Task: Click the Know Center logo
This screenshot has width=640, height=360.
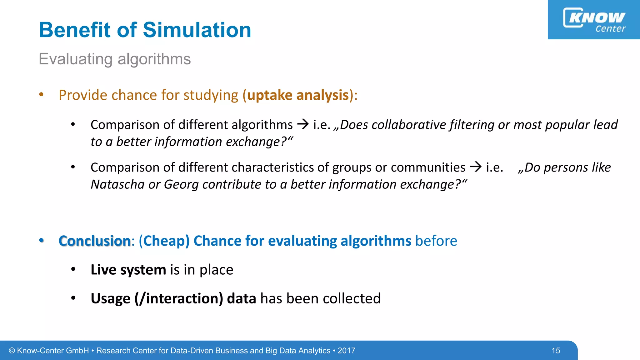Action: pyautogui.click(x=594, y=20)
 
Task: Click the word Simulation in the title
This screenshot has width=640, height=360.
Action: pyautogui.click(x=197, y=30)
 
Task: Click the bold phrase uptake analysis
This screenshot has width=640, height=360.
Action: pyautogui.click(x=297, y=95)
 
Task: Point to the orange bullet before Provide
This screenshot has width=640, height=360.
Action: pyautogui.click(x=41, y=95)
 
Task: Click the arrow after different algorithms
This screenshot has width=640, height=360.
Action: pyautogui.click(x=303, y=124)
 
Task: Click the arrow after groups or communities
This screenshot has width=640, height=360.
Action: pyautogui.click(x=476, y=167)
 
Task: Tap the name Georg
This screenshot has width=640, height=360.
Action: pyautogui.click(x=181, y=185)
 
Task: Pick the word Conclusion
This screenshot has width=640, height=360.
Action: pyautogui.click(x=94, y=241)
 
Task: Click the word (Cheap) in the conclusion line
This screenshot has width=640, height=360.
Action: pyautogui.click(x=164, y=241)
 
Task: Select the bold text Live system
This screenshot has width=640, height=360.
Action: pyautogui.click(x=128, y=270)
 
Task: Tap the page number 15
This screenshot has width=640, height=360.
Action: pyautogui.click(x=556, y=351)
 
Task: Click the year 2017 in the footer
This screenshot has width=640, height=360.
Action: pyautogui.click(x=346, y=351)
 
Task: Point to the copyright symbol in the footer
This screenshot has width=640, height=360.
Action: pyautogui.click(x=12, y=351)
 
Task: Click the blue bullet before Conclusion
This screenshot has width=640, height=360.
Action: pyautogui.click(x=41, y=240)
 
